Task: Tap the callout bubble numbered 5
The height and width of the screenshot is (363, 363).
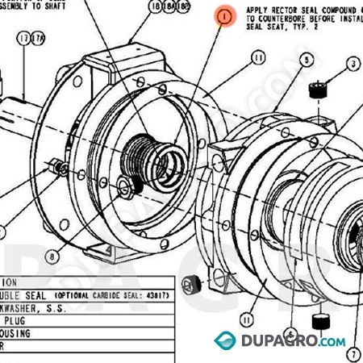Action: (306, 60)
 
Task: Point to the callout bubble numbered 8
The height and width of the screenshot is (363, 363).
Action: (53, 257)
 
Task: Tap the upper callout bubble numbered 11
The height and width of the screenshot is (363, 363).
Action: (258, 57)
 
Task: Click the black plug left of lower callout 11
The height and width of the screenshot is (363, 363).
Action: (192, 283)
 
